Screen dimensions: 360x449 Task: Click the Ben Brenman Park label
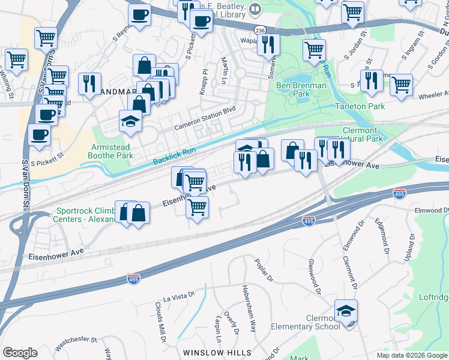pos(301,90)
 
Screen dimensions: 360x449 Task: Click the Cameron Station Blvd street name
pos(202,119)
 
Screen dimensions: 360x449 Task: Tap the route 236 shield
pos(260,29)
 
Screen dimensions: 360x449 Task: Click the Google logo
pos(20,353)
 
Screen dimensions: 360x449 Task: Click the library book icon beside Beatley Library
pos(255,9)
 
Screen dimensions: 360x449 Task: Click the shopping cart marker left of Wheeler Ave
pos(400,84)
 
